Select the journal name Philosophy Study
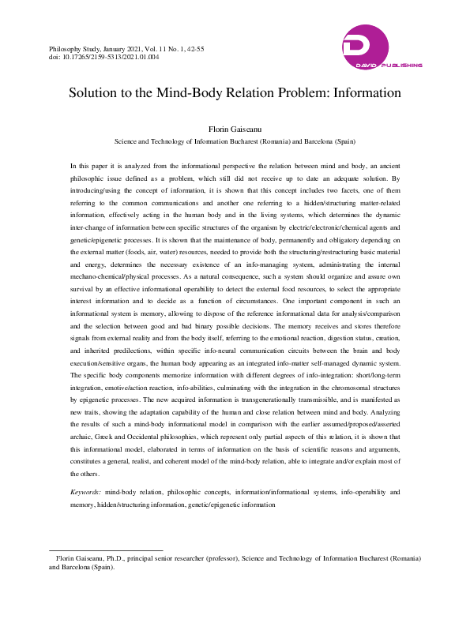[x=77, y=49]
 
